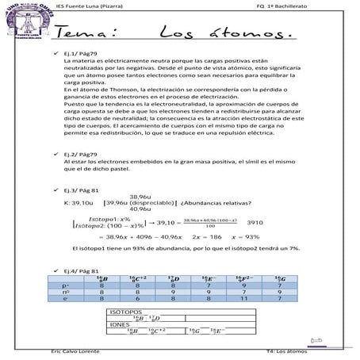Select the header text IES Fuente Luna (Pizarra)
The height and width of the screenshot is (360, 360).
tap(94, 6)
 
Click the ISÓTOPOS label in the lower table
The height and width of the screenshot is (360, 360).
tap(126, 312)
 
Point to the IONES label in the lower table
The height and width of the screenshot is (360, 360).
tap(120, 324)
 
